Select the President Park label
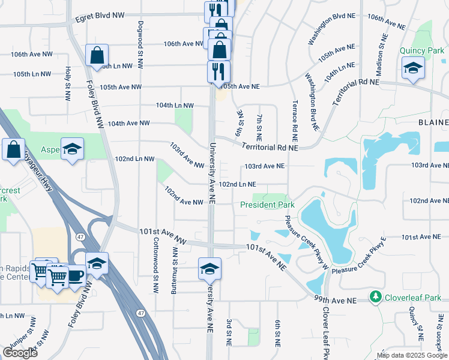(x=267, y=205)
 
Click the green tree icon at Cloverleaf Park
(x=376, y=297)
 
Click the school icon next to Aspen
(x=72, y=149)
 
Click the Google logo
(x=20, y=353)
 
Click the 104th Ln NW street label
(x=175, y=105)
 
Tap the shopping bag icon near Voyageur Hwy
(x=13, y=149)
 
